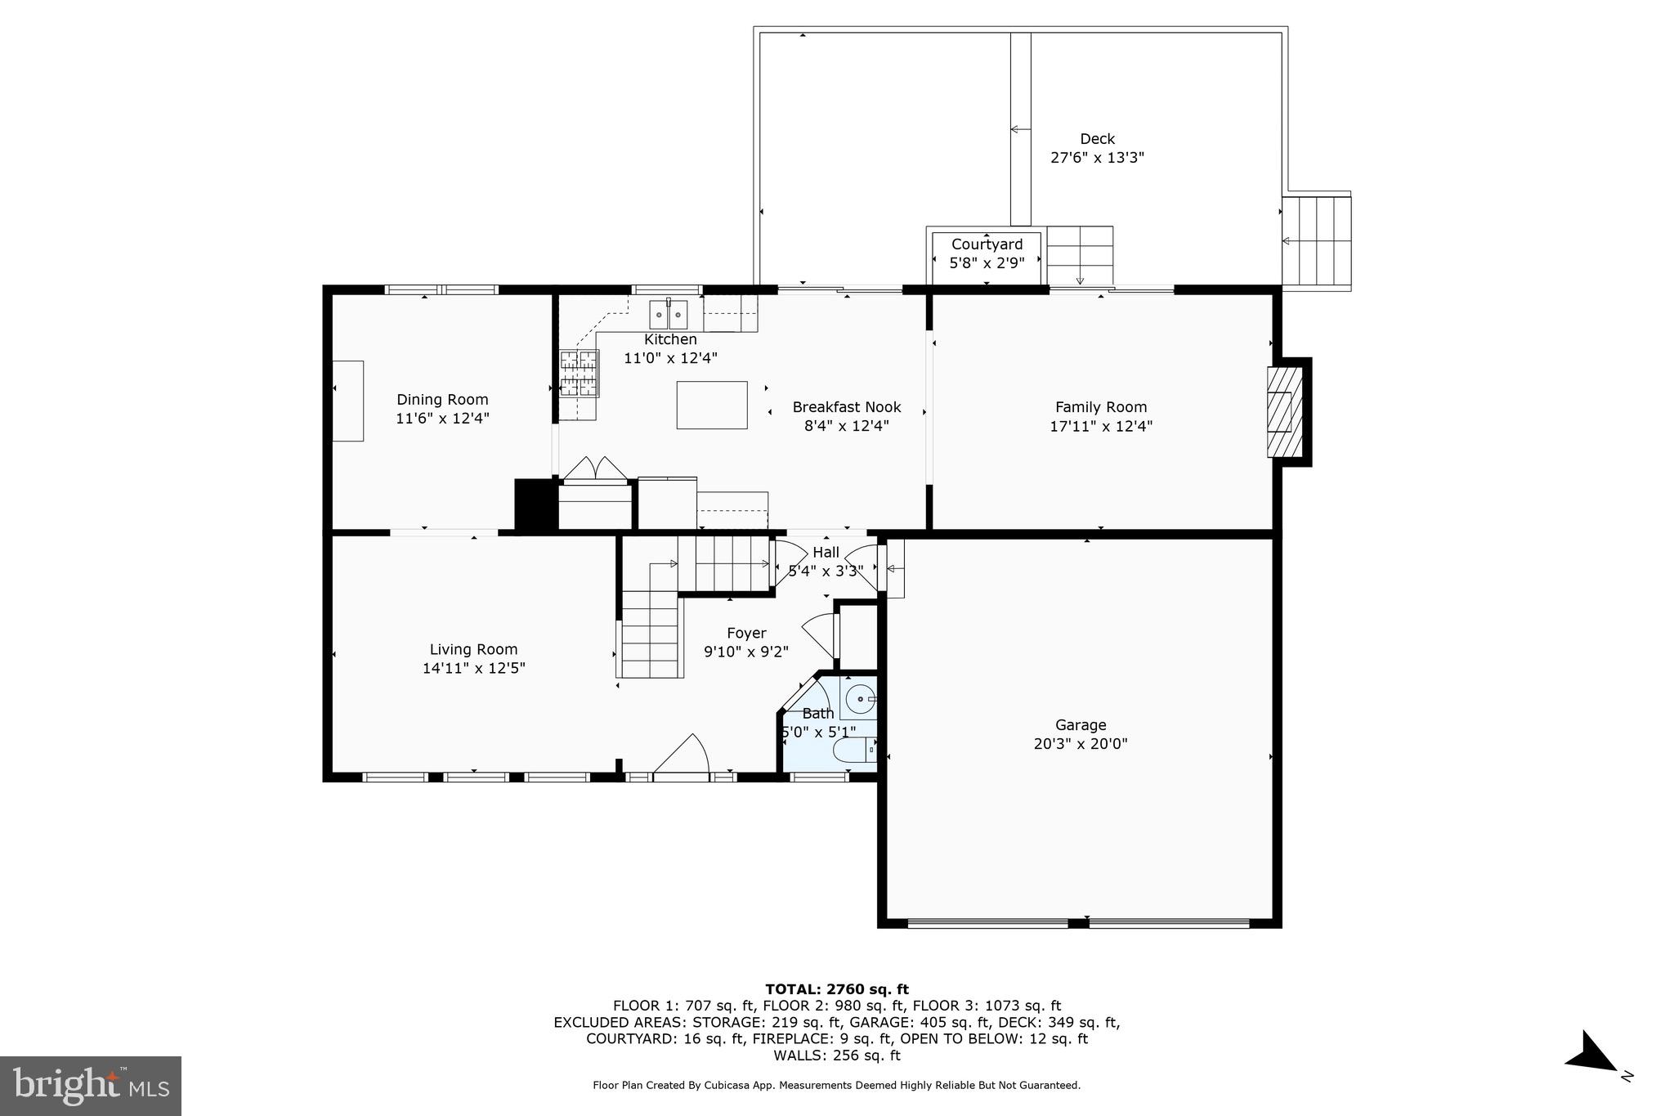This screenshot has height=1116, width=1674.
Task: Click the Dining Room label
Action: pyautogui.click(x=442, y=400)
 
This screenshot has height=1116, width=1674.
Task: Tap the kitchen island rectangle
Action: pyautogui.click(x=711, y=405)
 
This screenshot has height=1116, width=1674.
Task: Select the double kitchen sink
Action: pyautogui.click(x=669, y=314)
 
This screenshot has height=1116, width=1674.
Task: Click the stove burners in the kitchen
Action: pyautogui.click(x=579, y=373)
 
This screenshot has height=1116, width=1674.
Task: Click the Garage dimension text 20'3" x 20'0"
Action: pyautogui.click(x=1080, y=744)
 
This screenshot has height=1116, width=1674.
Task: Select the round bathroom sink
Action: pyautogui.click(x=859, y=700)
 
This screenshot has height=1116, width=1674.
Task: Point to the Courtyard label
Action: pyautogui.click(x=987, y=244)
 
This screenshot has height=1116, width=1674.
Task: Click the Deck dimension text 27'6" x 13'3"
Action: pyautogui.click(x=1097, y=158)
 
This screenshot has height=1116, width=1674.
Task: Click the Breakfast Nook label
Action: pyautogui.click(x=846, y=407)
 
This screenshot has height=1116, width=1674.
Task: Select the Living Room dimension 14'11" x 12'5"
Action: pyautogui.click(x=473, y=668)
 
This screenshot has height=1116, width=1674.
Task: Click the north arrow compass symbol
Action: pyautogui.click(x=1592, y=1063)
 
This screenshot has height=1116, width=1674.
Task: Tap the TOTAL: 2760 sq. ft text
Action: pyautogui.click(x=836, y=989)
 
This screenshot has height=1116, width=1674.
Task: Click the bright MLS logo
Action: pyautogui.click(x=91, y=1086)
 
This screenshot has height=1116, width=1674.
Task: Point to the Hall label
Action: pyautogui.click(x=826, y=553)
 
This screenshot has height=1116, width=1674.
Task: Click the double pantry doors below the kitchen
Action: pyautogui.click(x=596, y=468)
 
